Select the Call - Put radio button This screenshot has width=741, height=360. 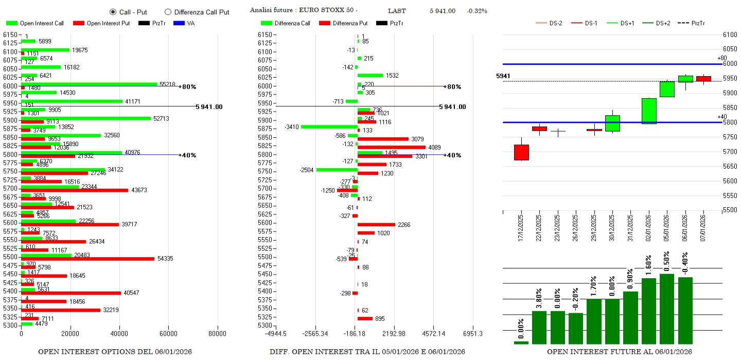click(x=113, y=12)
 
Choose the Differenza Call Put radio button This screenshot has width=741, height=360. click(x=168, y=12)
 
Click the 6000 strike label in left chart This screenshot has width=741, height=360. click(x=10, y=86)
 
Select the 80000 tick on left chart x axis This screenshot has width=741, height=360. click(x=217, y=333)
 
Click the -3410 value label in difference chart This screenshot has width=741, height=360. click(x=292, y=127)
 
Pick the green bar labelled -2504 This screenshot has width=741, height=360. click(x=337, y=170)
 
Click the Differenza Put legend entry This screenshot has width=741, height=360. click(x=343, y=23)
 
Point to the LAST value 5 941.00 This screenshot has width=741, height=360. click(x=443, y=11)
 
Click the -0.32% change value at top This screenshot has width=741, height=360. click(x=477, y=11)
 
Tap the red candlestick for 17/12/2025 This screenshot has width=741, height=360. click(x=521, y=152)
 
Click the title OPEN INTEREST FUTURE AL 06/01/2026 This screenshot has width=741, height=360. click(x=619, y=351)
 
